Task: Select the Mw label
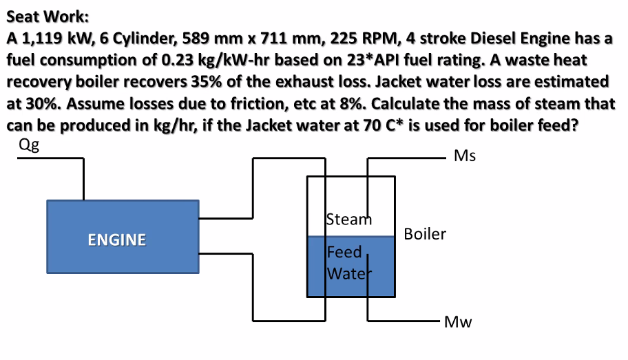(457, 321)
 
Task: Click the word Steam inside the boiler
(348, 220)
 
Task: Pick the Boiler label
(425, 234)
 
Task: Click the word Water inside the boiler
(348, 273)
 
